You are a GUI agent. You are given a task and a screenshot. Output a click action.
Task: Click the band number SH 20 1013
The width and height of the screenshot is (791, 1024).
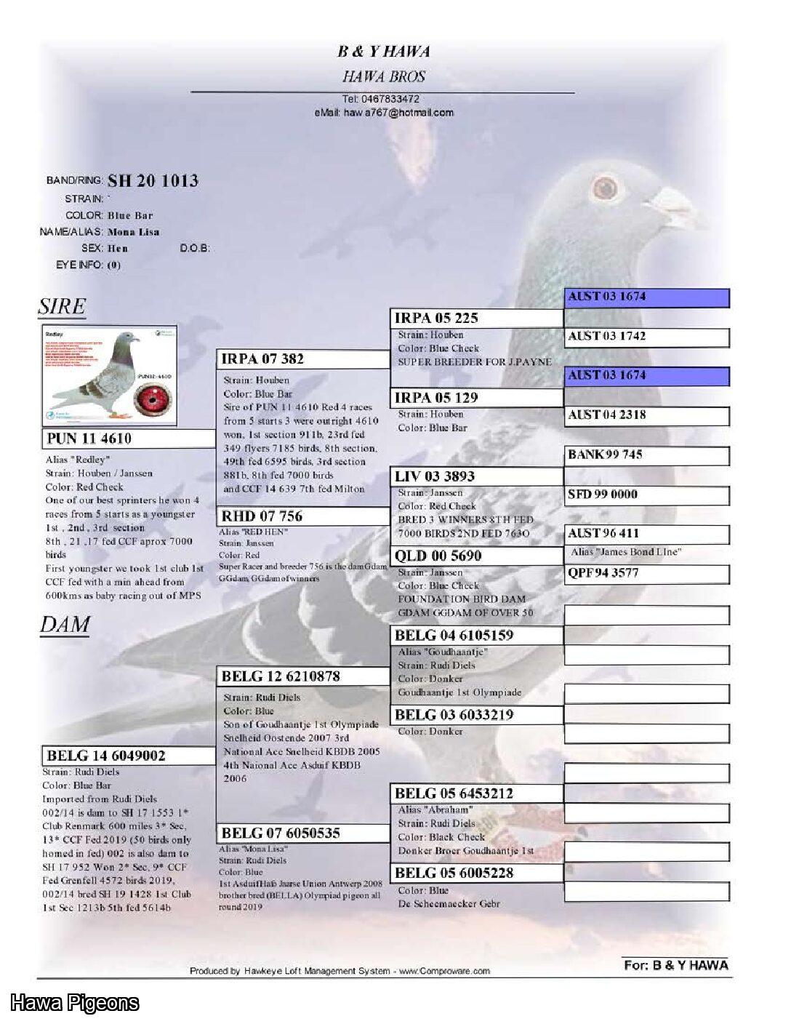click(x=153, y=181)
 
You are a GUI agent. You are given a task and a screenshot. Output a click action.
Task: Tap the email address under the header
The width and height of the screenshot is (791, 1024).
click(x=384, y=113)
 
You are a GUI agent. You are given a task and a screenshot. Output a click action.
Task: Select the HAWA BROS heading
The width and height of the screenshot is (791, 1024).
click(x=384, y=76)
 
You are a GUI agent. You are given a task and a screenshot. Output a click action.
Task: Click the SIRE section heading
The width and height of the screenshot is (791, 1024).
click(x=62, y=307)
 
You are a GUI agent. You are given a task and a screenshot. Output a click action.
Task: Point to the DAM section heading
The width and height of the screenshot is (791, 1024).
click(x=65, y=625)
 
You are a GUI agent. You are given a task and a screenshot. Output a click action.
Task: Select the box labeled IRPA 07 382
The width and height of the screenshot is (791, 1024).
click(x=304, y=359)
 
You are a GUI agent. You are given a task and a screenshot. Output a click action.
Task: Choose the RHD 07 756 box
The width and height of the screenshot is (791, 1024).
click(x=304, y=516)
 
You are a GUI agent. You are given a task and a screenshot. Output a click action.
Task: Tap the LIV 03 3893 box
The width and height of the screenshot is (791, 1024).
click(x=476, y=476)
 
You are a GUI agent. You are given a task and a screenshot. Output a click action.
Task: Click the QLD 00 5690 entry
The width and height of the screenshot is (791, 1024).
click(x=476, y=556)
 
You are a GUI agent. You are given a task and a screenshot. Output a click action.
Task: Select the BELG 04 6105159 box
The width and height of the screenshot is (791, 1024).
click(x=476, y=635)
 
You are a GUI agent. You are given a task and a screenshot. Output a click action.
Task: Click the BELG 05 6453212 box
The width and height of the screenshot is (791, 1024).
click(x=476, y=793)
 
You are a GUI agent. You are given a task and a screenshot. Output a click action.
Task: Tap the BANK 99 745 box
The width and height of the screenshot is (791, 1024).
click(x=646, y=455)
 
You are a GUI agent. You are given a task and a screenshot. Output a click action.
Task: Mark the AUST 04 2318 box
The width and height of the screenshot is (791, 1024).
click(x=646, y=415)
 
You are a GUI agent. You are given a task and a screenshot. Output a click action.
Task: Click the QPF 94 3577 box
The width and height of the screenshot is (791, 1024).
click(x=646, y=573)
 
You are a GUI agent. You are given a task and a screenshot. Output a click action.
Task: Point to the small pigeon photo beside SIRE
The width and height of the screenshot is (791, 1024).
click(x=109, y=375)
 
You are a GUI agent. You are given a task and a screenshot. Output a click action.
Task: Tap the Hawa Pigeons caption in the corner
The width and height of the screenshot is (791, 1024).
click(x=74, y=1004)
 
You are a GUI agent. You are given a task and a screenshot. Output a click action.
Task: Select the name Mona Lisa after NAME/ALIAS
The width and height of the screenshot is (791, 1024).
click(x=133, y=232)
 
